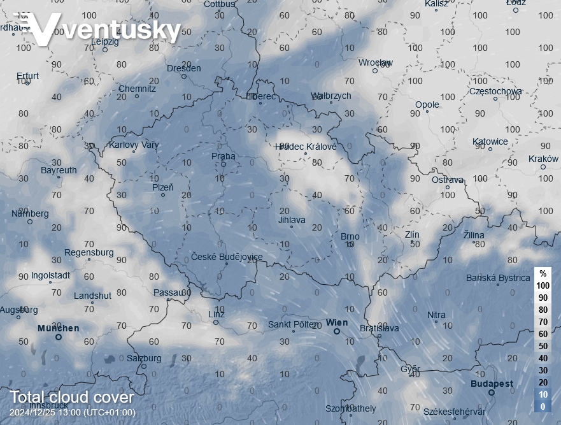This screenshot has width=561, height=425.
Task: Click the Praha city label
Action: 223,156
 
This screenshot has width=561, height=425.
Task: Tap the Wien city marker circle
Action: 336,331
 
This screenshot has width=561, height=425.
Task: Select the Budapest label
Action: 492,384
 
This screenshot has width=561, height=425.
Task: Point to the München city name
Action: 58,329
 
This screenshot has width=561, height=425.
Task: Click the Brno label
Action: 350,236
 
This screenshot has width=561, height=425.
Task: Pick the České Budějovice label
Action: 227,257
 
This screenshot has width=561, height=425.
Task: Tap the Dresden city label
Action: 183,68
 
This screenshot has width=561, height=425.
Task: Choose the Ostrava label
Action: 448,180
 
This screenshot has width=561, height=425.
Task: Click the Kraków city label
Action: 543,159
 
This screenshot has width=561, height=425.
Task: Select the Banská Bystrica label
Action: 498,278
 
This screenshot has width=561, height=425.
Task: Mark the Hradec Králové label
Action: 306,147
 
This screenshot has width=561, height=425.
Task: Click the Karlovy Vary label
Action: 134,145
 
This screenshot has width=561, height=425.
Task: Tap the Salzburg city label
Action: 144,358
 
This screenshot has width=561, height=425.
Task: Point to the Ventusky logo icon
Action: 38,29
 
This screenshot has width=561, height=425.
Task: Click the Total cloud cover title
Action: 71,398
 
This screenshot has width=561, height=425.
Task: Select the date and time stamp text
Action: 73,412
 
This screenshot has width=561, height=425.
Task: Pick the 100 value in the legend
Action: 543,285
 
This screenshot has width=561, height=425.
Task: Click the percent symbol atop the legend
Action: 543,273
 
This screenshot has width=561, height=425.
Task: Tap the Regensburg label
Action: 89,252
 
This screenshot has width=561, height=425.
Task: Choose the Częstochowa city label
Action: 495,91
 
